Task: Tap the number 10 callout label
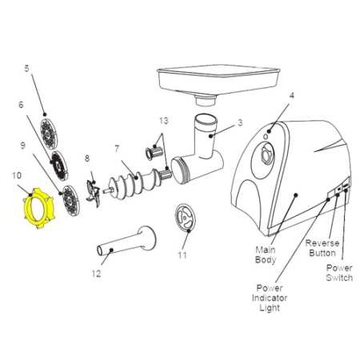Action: (16, 175)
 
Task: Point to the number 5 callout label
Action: (26, 69)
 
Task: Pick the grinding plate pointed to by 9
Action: (71, 201)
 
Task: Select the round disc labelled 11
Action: (185, 218)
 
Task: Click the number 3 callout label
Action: (240, 122)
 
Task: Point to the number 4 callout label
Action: (292, 95)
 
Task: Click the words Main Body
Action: (266, 255)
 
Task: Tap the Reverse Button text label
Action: (322, 248)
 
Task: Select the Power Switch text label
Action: (339, 273)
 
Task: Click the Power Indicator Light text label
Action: (270, 298)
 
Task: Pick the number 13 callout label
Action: (164, 121)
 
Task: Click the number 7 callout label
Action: (117, 150)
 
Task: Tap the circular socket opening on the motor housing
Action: (263, 161)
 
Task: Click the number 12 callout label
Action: (97, 274)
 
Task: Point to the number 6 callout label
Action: (21, 105)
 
